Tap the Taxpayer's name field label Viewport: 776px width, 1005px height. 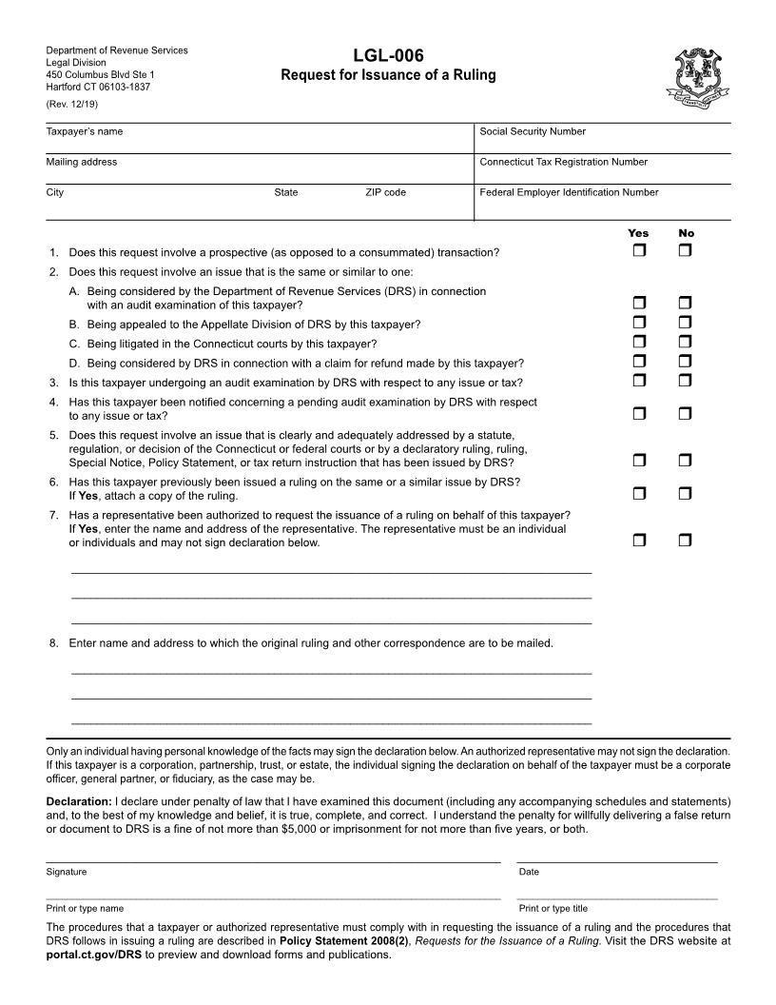(85, 131)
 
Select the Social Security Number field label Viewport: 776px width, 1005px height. (533, 131)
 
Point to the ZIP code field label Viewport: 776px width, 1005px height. (385, 192)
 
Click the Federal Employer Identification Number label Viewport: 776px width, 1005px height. (569, 192)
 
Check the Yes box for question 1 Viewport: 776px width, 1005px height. (639, 251)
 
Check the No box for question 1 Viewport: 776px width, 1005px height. (686, 251)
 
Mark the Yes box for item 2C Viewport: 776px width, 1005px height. (639, 342)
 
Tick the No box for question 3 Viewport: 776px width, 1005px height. (686, 381)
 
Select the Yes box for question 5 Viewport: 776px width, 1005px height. (639, 461)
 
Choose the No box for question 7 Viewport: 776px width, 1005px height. (686, 541)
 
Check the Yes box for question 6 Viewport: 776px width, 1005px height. (639, 493)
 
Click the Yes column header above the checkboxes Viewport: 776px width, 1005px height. (638, 233)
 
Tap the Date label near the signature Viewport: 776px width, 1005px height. (529, 872)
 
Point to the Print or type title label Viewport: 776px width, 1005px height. (553, 908)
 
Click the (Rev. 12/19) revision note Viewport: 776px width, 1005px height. (72, 104)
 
